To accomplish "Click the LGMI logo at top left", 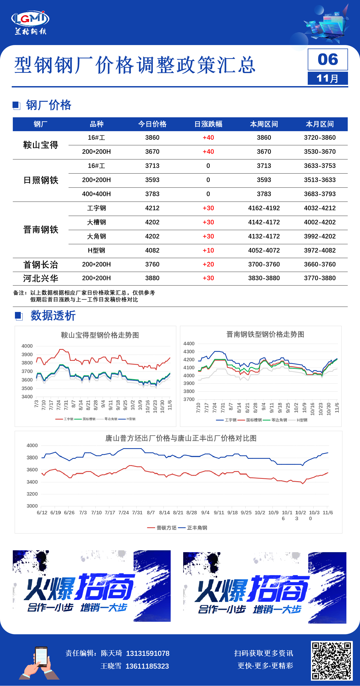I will coord(30,23).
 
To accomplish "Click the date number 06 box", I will coord(328,59).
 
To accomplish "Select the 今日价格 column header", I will coord(152,124).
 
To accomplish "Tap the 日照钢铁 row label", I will coord(41,180).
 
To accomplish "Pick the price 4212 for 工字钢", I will coord(152,208).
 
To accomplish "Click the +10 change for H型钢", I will coord(208,251).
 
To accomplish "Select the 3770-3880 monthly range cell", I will coord(320,278).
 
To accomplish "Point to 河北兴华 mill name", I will coord(41,279).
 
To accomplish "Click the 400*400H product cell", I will coord(96,194).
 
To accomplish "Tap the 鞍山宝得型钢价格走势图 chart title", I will coord(100,335).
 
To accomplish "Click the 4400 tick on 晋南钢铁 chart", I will coord(189,344).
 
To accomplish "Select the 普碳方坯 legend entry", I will coord(166,528).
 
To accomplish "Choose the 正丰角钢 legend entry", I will coord(197,528).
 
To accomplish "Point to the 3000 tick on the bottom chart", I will coord(32,506).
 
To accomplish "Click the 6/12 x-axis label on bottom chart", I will coord(42,513).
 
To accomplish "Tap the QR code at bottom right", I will coord(331,661).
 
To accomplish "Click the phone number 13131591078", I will coord(147,653).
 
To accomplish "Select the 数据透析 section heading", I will coord(53,316).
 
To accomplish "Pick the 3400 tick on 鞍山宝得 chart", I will coord(27,397).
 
